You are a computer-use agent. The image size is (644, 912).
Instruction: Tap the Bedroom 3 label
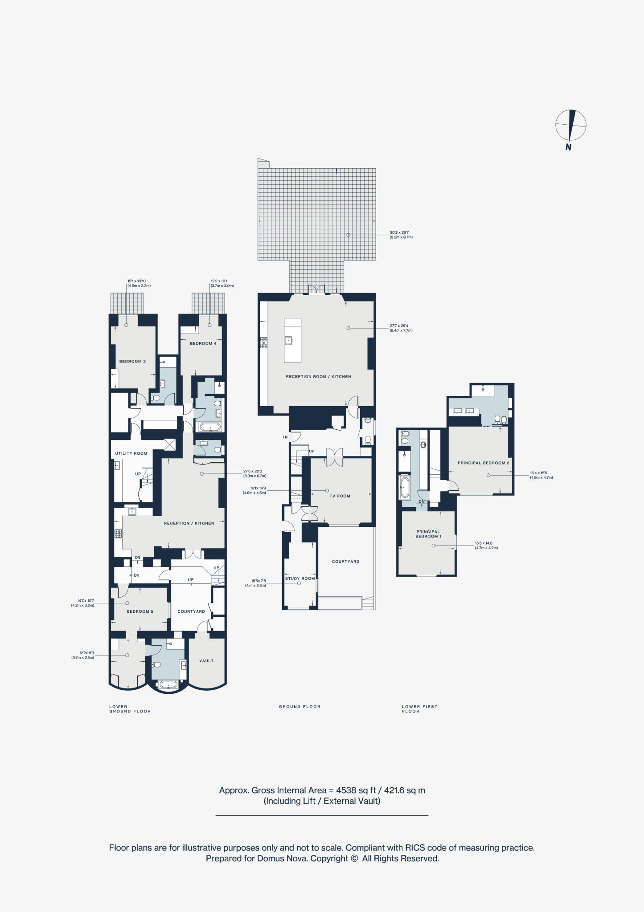click(132, 362)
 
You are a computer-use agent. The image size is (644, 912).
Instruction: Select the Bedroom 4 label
click(203, 343)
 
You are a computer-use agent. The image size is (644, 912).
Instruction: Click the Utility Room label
click(131, 453)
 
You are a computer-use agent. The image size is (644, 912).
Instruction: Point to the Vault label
click(206, 661)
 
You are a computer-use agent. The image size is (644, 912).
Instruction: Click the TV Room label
click(340, 496)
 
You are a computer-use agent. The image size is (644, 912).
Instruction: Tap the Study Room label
click(300, 578)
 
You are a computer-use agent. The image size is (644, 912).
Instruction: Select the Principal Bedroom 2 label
click(483, 463)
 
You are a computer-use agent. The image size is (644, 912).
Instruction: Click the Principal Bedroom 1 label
click(428, 534)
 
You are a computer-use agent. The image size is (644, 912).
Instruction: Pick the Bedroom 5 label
click(140, 611)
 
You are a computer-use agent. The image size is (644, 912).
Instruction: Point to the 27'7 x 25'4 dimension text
click(401, 328)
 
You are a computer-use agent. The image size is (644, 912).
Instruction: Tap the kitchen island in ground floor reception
click(292, 340)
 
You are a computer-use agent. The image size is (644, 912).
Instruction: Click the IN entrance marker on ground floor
click(285, 437)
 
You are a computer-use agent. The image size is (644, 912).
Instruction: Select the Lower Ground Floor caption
click(130, 709)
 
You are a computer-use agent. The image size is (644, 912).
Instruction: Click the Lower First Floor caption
click(419, 709)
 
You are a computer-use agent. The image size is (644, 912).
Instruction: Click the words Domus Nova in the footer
click(282, 859)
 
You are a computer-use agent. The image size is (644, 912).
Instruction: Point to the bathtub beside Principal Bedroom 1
click(405, 488)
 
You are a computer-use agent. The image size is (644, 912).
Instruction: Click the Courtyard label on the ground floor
click(345, 562)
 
